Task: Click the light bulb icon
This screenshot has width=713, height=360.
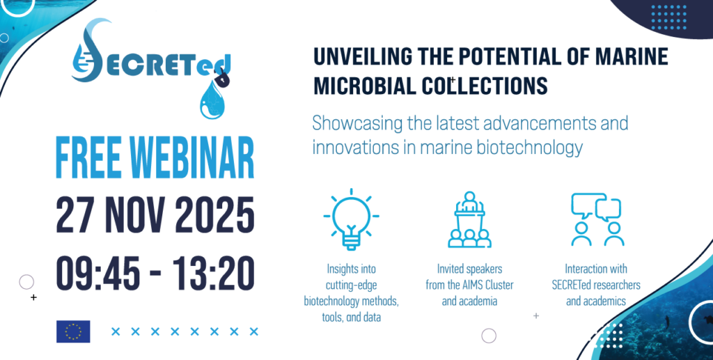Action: pos(351,219)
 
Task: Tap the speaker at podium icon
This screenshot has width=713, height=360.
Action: pos(469,219)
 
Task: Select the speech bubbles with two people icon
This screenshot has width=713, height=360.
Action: pos(597,219)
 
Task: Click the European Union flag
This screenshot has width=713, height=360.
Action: pos(73,331)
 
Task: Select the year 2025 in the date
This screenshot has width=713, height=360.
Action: pos(214,214)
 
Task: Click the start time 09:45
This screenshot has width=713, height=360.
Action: pos(97,273)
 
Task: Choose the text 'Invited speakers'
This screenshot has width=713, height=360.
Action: pos(470,269)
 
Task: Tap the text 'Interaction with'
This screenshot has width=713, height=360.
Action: pos(596,269)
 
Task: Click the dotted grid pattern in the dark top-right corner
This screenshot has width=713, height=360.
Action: pos(669,17)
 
